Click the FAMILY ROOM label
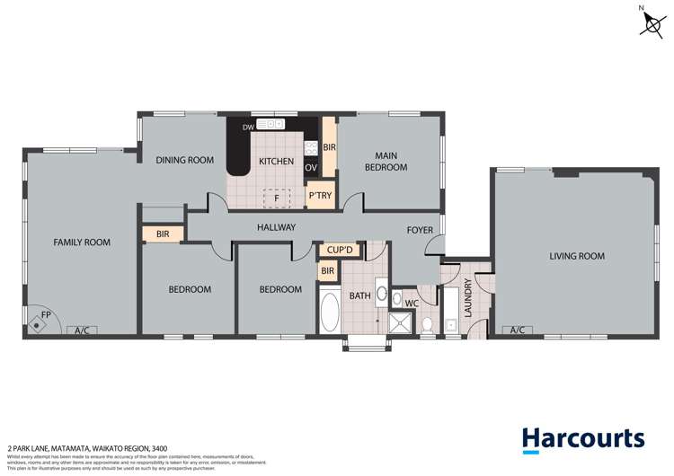(81, 242)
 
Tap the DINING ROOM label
(184, 160)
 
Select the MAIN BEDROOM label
(386, 161)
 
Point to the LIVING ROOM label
(577, 256)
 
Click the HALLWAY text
(276, 227)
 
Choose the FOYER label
(420, 230)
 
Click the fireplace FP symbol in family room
(39, 320)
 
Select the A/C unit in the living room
(518, 331)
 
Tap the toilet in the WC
(428, 325)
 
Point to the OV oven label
(311, 168)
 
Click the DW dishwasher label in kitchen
(248, 128)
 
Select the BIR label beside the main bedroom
(329, 147)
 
